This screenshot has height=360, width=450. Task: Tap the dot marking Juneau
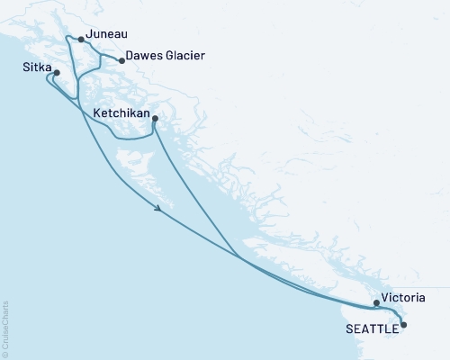pyautogui.click(x=82, y=40)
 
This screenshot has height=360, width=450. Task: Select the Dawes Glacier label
pyautogui.click(x=166, y=56)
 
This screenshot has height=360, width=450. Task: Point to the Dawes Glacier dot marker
pyautogui.click(x=122, y=61)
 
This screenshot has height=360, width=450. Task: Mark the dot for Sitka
pyautogui.click(x=57, y=73)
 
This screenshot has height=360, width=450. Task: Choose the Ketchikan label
pyautogui.click(x=122, y=114)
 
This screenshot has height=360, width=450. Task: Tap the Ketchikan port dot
pyautogui.click(x=156, y=119)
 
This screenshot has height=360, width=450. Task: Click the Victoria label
pyautogui.click(x=402, y=296)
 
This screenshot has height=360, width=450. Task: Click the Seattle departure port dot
pyautogui.click(x=402, y=324)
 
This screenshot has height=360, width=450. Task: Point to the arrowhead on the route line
pyautogui.click(x=158, y=209)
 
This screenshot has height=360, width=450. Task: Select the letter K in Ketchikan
pyautogui.click(x=96, y=114)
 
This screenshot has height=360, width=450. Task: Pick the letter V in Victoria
pyautogui.click(x=384, y=296)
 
